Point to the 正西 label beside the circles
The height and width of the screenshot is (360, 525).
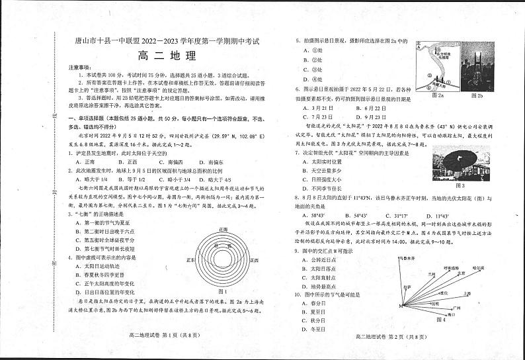click(x=190, y=260)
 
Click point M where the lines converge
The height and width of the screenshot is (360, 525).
click(x=401, y=306)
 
